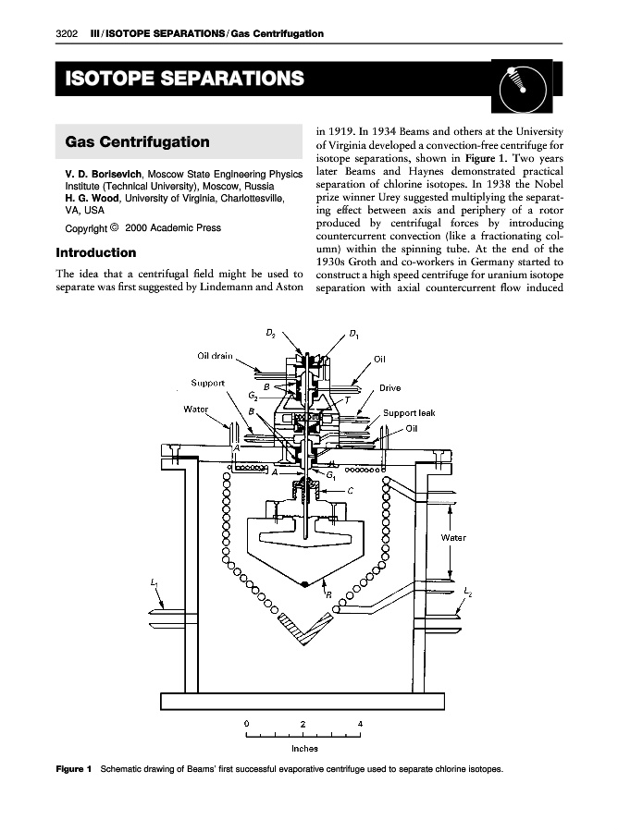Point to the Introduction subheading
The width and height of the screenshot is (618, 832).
pyautogui.click(x=96, y=252)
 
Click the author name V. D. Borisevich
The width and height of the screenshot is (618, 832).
pyautogui.click(x=101, y=174)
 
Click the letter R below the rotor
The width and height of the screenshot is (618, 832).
pyautogui.click(x=328, y=595)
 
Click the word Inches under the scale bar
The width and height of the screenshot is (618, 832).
pyautogui.click(x=304, y=750)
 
